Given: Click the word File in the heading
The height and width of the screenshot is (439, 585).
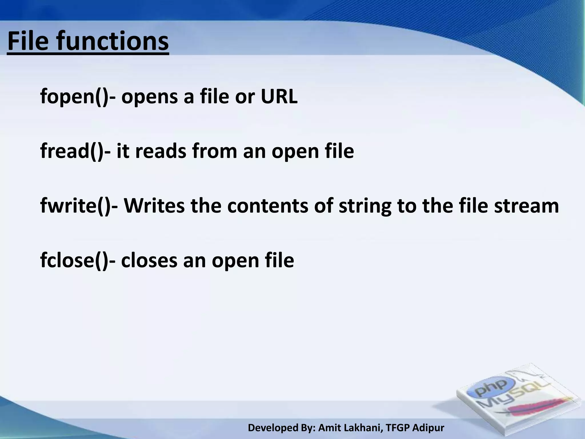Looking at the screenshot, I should pos(28,42).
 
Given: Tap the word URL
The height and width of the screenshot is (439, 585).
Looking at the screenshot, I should pos(279,97).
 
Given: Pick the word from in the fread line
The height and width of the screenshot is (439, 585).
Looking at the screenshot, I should pos(215,151).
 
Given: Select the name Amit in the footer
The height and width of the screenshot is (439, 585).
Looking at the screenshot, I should pos(328,428).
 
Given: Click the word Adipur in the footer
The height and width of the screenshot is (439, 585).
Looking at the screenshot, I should pos(428,428).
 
